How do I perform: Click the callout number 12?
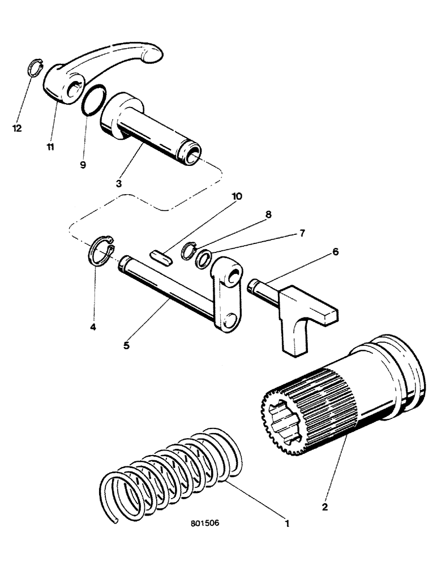[x=17, y=128]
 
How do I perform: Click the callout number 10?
[x=237, y=196]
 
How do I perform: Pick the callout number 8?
[x=268, y=215]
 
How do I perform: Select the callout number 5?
[x=126, y=344]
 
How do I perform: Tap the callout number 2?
[x=325, y=508]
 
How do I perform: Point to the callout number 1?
[x=287, y=524]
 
